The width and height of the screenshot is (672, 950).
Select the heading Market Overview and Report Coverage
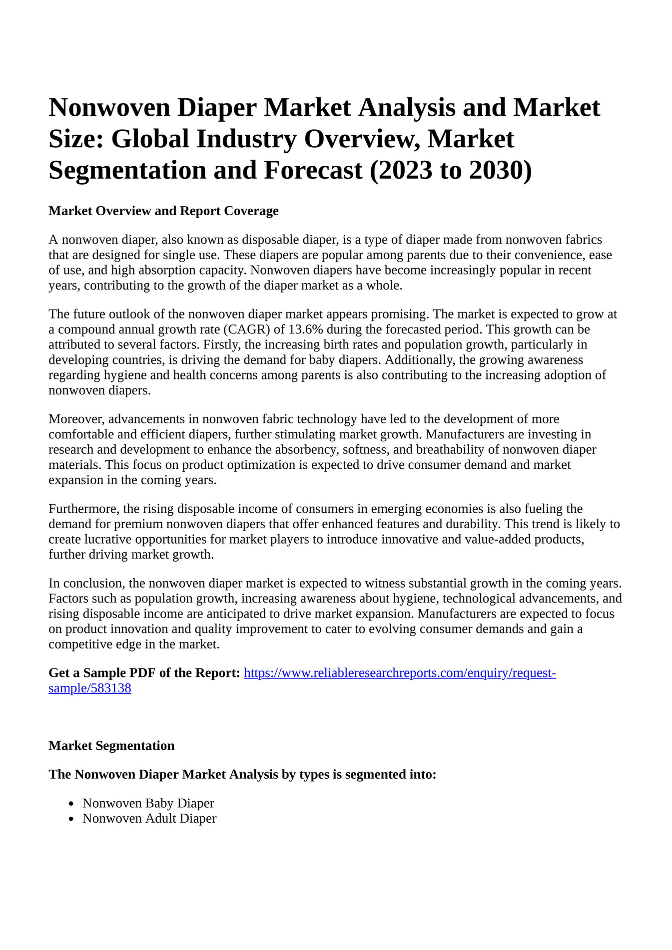[163, 211]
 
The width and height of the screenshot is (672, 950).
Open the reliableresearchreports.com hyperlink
[400, 673]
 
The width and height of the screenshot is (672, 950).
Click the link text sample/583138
[90, 688]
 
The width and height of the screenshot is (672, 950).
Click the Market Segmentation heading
[111, 746]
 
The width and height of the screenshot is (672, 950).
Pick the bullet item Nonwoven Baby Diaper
[148, 803]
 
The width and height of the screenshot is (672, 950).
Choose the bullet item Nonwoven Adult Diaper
[149, 819]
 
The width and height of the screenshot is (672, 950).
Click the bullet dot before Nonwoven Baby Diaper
[72, 804]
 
